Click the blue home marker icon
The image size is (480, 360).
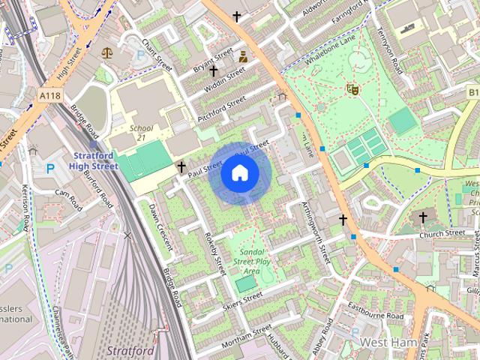coord(239,173)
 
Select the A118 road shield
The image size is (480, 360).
coord(49,96)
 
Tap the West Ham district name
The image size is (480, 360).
coord(388,342)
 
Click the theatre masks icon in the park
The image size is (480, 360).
coord(351,89)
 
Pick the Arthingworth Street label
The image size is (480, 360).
coord(316,232)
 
